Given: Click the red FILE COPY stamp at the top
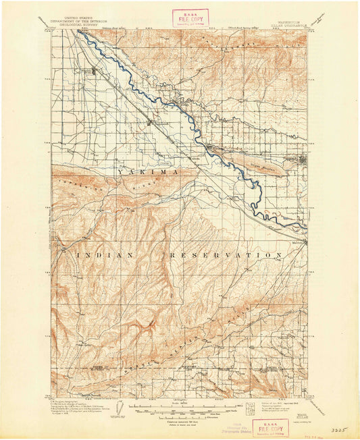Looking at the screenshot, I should tap(190, 17).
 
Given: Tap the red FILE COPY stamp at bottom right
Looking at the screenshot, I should tap(269, 428).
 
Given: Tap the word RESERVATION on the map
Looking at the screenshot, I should tap(223, 255).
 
